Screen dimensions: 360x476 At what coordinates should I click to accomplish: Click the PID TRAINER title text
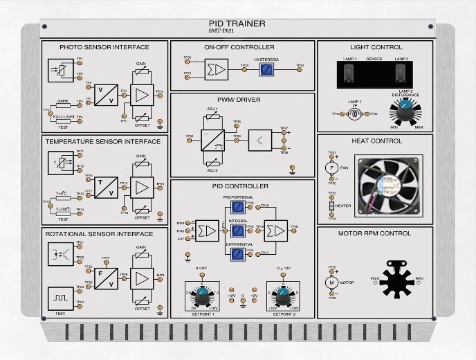click(x=237, y=24)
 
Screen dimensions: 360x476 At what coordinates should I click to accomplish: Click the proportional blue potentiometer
click(x=237, y=206)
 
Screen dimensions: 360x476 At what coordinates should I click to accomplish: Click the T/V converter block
click(x=106, y=186)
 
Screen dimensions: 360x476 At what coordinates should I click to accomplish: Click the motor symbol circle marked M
click(x=331, y=282)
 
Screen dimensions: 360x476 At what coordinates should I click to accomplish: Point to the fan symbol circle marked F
click(x=331, y=168)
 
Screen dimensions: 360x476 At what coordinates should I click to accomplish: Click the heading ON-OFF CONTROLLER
click(x=239, y=47)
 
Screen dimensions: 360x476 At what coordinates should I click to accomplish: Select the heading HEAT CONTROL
click(x=376, y=141)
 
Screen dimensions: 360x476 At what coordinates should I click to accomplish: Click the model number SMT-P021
click(x=237, y=31)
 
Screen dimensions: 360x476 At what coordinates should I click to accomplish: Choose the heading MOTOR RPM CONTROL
click(x=375, y=233)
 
